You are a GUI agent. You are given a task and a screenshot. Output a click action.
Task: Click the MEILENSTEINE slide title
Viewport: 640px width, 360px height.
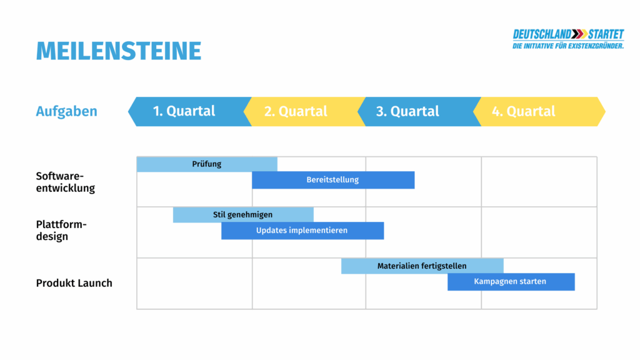point(119,51)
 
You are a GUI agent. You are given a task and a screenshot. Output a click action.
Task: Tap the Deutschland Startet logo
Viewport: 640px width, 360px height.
point(568,39)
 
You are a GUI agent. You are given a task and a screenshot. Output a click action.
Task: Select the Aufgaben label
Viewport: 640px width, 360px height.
point(67,111)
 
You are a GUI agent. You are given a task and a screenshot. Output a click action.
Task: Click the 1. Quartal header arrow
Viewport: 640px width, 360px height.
point(187,111)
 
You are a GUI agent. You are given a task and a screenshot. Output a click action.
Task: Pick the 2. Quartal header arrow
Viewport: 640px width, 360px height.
point(300,111)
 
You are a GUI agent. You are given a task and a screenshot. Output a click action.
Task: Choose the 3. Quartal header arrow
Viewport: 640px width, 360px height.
point(412,111)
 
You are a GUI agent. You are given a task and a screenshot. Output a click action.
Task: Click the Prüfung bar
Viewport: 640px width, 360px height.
point(207,164)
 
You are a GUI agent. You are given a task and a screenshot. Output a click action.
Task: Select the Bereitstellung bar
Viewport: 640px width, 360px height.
point(333,180)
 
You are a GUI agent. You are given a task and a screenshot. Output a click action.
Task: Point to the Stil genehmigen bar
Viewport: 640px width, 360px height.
point(243,215)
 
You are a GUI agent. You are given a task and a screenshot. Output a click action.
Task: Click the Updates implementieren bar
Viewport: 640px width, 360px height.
point(302,231)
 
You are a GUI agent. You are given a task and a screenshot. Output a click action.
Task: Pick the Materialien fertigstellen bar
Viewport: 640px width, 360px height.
point(422,266)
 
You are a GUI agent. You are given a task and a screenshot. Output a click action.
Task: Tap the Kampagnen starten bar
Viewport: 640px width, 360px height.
point(511,282)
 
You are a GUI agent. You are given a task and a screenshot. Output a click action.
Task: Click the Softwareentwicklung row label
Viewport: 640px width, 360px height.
point(66,182)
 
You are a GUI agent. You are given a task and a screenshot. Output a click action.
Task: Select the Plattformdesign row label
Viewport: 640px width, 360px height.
point(61,231)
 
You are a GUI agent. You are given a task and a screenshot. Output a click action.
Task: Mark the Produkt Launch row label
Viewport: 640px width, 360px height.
point(74,283)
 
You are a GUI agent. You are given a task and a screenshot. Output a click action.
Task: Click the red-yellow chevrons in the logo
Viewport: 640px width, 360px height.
point(579,34)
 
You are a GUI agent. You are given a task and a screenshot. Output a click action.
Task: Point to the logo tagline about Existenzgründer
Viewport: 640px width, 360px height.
point(568,46)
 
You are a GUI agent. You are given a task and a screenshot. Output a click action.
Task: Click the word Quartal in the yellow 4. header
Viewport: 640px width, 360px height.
point(531,111)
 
